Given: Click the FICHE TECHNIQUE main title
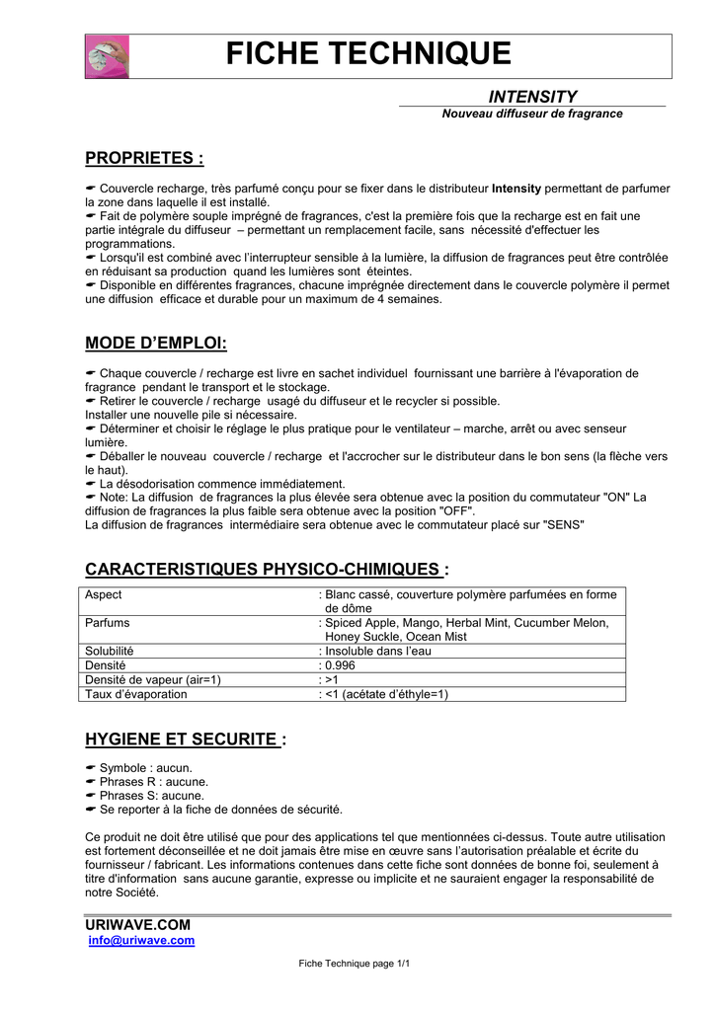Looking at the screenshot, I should coord(368,54).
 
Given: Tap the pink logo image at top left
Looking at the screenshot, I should coord(107,56).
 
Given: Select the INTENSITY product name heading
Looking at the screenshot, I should coord(532,96).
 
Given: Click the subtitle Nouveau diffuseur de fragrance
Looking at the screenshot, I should coord(532,114).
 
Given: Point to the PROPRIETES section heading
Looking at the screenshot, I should coord(144,158).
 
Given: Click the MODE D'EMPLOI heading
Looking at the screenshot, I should coord(156,343).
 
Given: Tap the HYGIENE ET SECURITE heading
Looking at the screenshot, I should coord(186,739).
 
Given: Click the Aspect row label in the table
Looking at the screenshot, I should coord(104,595).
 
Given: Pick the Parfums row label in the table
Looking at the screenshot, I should coord(108,623).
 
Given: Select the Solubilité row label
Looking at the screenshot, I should coord(110,652).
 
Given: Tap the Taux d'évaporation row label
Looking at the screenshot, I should coord(136,694).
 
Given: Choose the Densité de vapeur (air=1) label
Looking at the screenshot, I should coord(153,679).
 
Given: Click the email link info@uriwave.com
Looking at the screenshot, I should coord(141,941).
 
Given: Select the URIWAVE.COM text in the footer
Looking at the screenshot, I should coord(137,924).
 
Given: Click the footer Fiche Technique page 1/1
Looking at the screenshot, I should coord(354,964).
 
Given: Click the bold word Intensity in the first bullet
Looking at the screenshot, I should coord(516,188).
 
